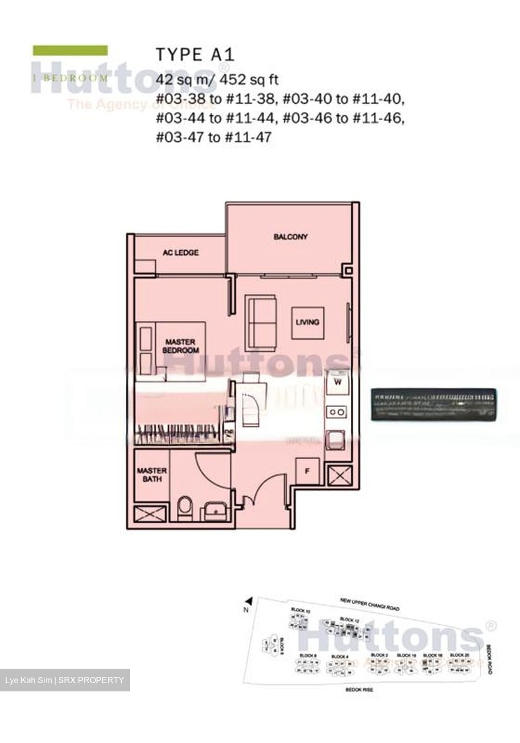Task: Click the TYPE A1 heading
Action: point(195,55)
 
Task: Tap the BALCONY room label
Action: point(290,237)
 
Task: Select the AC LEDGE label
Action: point(181,253)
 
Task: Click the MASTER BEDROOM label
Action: point(181,346)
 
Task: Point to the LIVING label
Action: point(307,322)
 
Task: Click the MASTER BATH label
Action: point(152,475)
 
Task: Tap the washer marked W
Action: point(338,382)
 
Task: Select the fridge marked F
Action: point(308,471)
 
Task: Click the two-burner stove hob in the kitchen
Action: point(337,412)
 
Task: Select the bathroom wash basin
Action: point(215,510)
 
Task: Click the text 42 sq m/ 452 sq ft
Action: point(217,79)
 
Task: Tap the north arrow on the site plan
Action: point(249,601)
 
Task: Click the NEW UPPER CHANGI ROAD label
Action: point(369,604)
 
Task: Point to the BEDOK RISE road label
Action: point(360,689)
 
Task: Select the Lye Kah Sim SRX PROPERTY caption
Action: point(64,680)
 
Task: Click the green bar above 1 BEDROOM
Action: point(70,50)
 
